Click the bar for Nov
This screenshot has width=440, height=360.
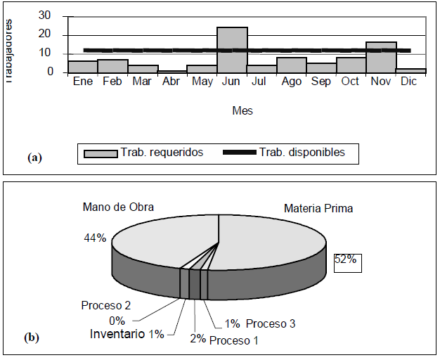pyautogui.click(x=381, y=57)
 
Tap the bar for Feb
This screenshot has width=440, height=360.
pyautogui.click(x=112, y=66)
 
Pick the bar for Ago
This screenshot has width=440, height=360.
pyautogui.click(x=291, y=65)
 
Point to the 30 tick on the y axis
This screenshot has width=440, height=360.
pyautogui.click(x=44, y=16)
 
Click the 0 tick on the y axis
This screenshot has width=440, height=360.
pyautogui.click(x=48, y=71)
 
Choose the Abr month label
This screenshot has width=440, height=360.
pyautogui.click(x=172, y=82)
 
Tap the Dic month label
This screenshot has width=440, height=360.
pyautogui.click(x=410, y=82)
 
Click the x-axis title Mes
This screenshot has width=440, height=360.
pyautogui.click(x=242, y=110)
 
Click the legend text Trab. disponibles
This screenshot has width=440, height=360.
pyautogui.click(x=302, y=153)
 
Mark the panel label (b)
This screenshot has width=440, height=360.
pyautogui.click(x=32, y=337)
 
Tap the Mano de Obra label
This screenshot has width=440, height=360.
pyautogui.click(x=118, y=207)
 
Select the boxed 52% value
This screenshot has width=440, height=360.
pyautogui.click(x=345, y=261)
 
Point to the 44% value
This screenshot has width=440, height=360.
pyautogui.click(x=94, y=238)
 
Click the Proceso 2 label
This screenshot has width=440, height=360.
pyautogui.click(x=105, y=305)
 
